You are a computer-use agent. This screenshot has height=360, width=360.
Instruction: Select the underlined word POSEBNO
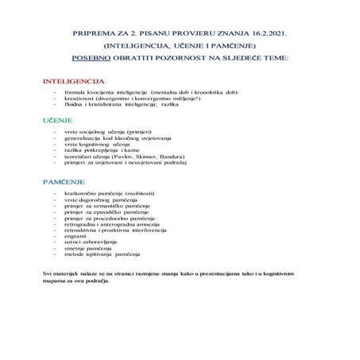(x=89, y=57)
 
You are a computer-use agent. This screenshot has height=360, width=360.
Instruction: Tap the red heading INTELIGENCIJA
(x=73, y=82)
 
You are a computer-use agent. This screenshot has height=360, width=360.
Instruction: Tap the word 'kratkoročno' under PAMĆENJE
(x=83, y=194)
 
